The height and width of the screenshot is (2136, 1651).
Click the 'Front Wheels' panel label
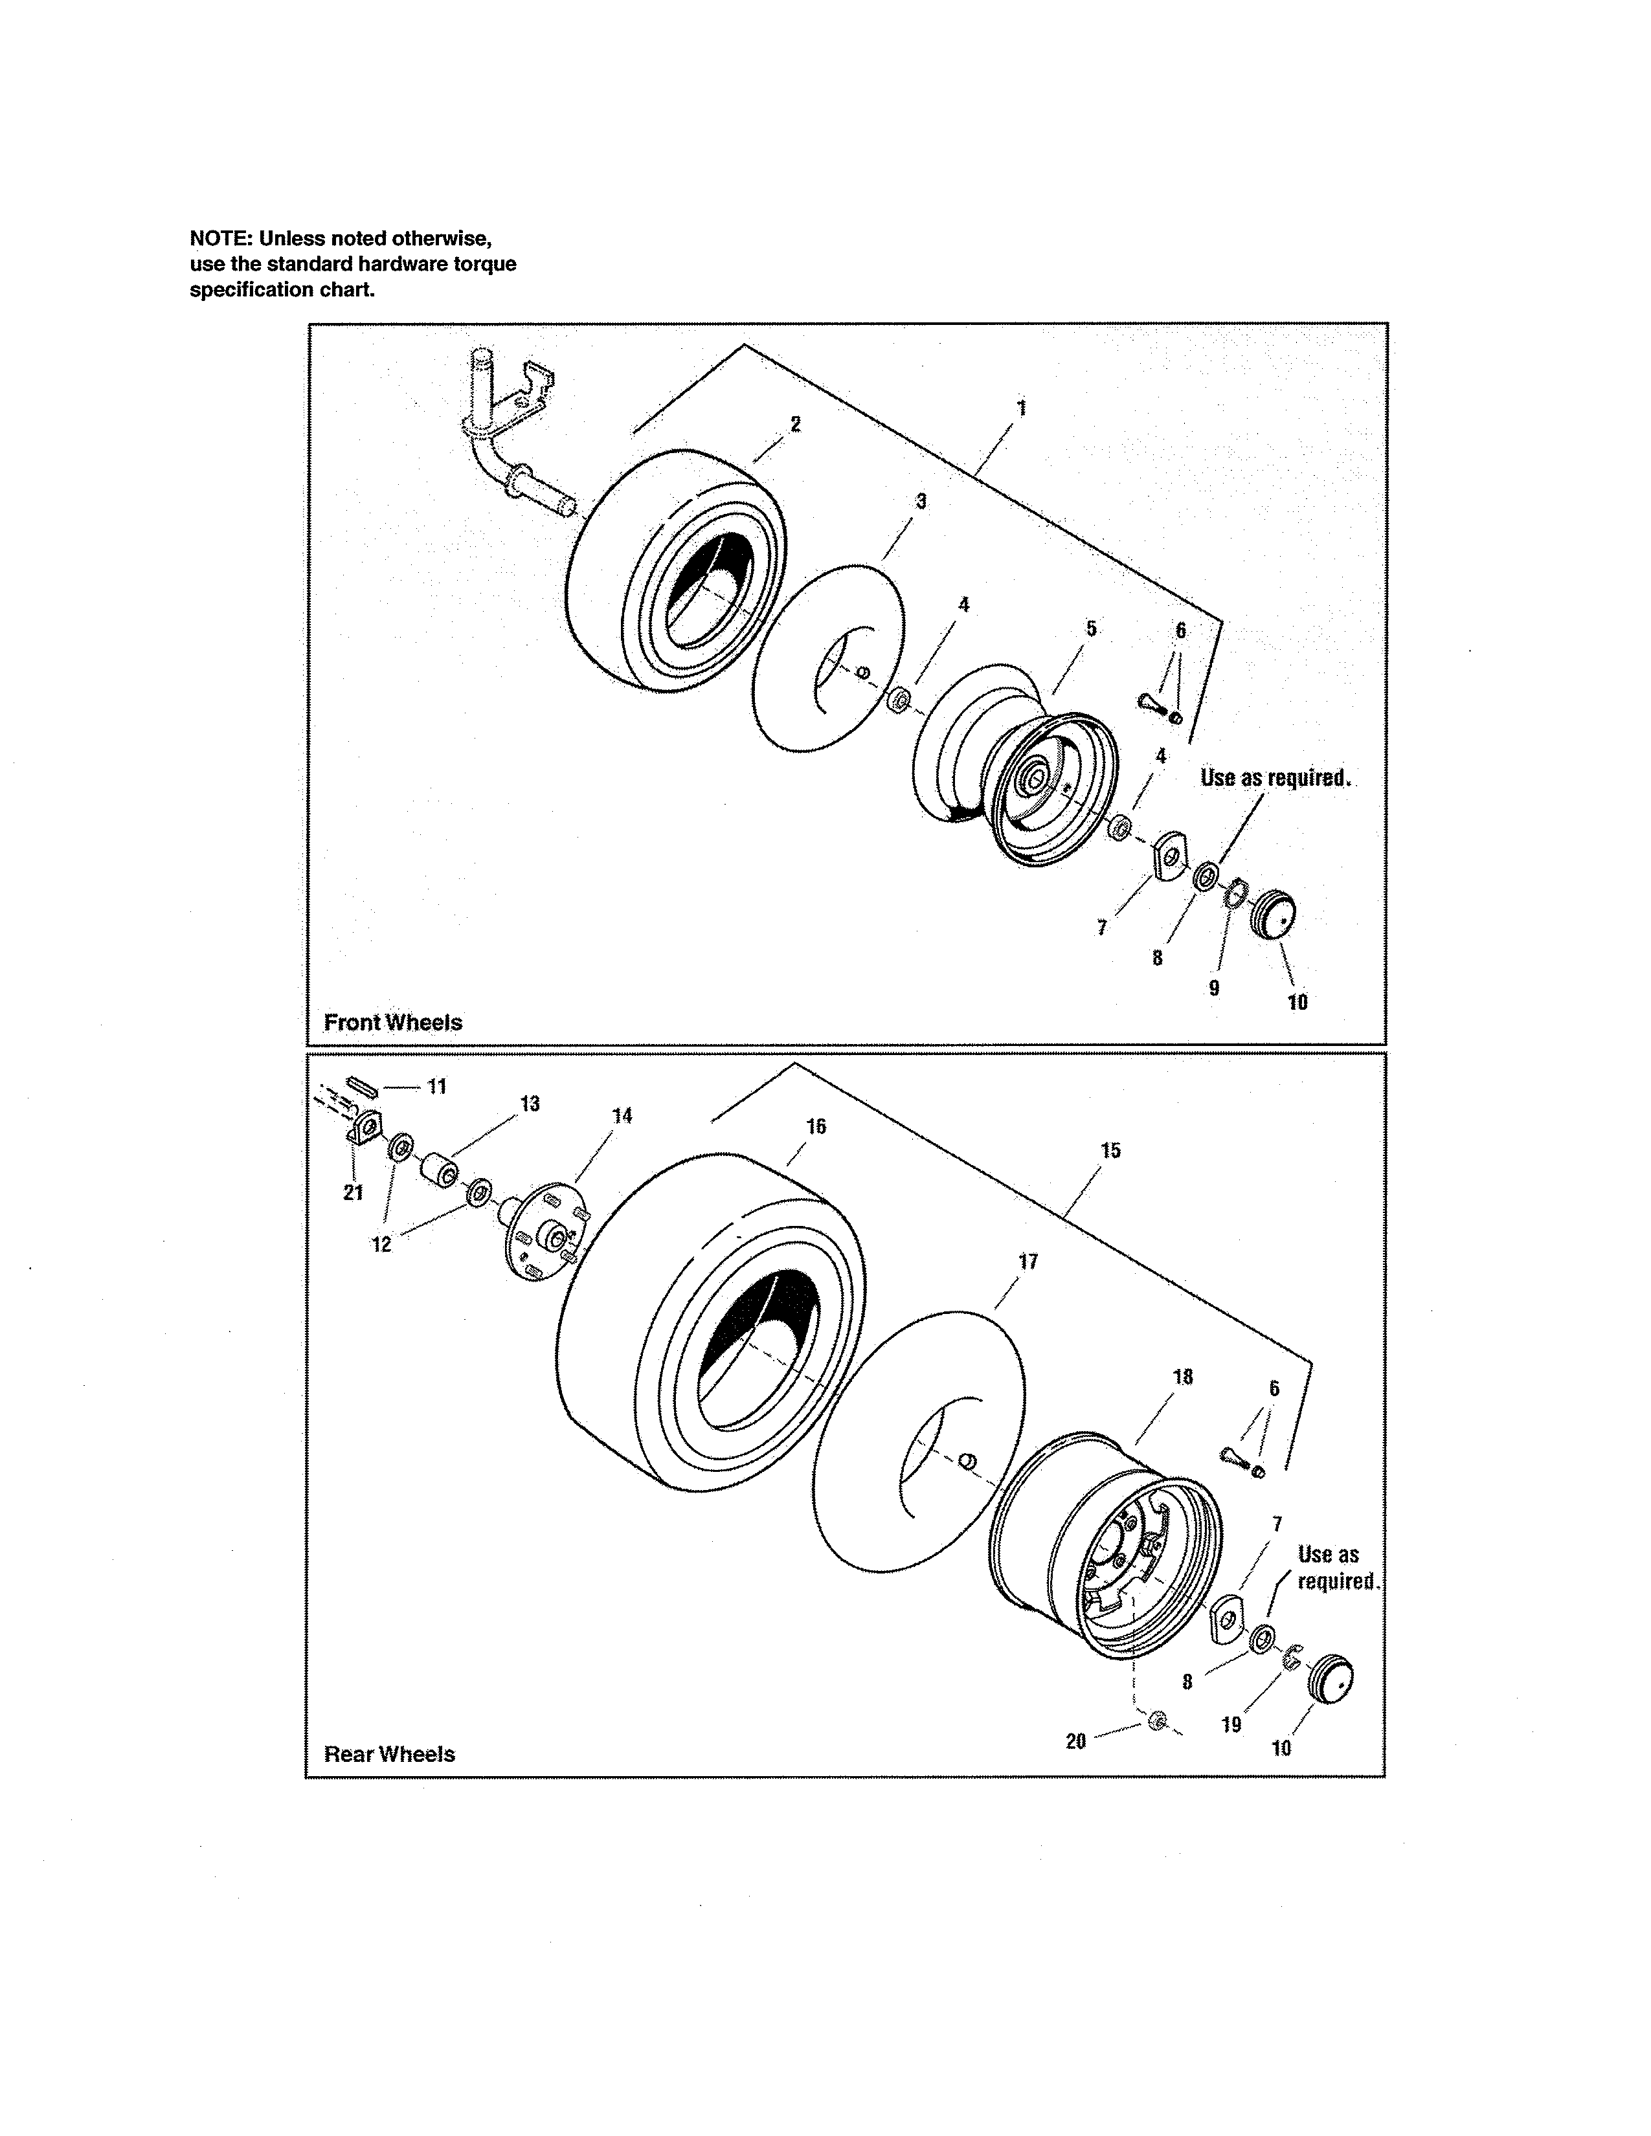coord(392,1022)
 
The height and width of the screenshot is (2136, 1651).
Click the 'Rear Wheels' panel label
coord(389,1753)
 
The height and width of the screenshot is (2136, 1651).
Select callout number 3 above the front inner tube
coord(921,501)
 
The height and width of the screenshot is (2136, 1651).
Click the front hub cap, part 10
coord(1274,915)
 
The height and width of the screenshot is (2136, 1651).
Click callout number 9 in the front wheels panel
coord(1214,988)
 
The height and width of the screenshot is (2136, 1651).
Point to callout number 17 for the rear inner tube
coord(1028,1261)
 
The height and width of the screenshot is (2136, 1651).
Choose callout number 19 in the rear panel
coord(1231,1724)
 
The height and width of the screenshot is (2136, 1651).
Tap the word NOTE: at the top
coord(220,238)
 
